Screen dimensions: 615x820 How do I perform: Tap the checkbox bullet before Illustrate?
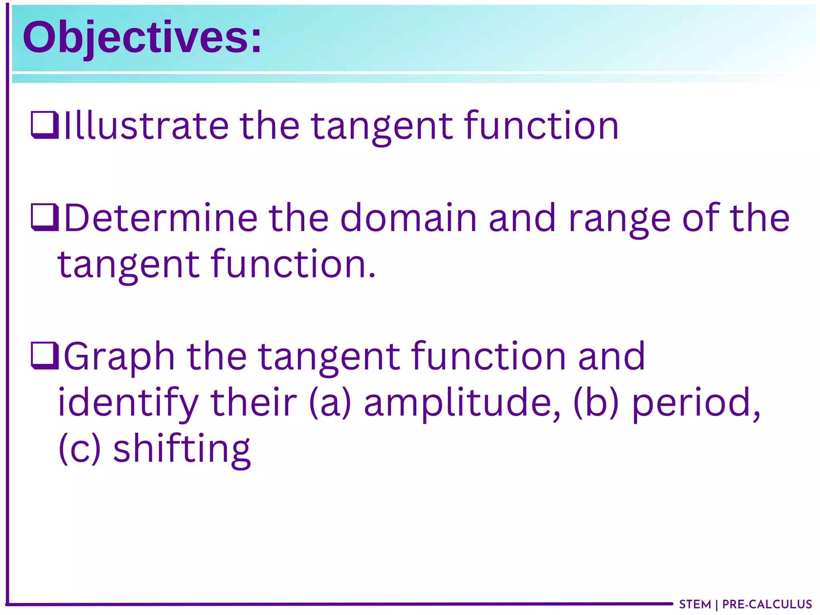pos(45,125)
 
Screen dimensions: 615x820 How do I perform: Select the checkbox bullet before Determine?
pos(45,218)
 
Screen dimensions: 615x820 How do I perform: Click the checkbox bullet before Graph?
pos(45,356)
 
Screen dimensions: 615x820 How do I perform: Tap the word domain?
pos(408,218)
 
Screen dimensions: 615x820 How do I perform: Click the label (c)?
pos(79,448)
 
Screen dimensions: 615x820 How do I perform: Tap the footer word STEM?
pos(695,604)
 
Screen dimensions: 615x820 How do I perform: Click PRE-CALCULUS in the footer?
pos(767,604)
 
